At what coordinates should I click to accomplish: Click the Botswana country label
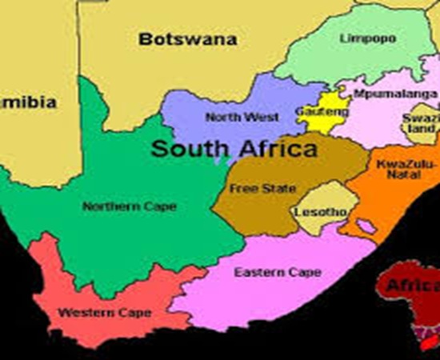coord(188,38)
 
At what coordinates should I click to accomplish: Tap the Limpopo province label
coord(362,38)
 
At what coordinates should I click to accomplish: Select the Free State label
coord(252,189)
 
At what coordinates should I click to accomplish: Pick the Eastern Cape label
coord(266,273)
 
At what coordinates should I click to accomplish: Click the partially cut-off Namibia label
coord(28,102)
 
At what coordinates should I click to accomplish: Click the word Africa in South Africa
coord(274,149)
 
